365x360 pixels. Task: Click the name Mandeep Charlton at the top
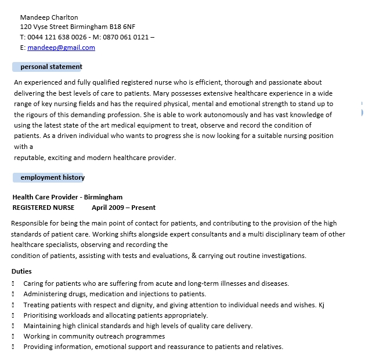coord(49,17)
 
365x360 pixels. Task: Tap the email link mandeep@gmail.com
coord(61,48)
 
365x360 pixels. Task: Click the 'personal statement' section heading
coord(51,67)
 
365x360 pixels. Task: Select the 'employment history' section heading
coord(52,177)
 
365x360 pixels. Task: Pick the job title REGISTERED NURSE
coord(44,208)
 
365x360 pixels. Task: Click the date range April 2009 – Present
coord(124,208)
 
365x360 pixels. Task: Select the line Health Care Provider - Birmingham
coord(67,197)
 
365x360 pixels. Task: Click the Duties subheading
coord(21,271)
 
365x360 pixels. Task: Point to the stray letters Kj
coord(322,305)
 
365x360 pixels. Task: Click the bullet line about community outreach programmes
coord(94,336)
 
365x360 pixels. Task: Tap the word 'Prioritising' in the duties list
coord(42,315)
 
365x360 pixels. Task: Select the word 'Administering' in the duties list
coord(45,294)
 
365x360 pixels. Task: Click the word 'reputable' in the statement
coord(30,158)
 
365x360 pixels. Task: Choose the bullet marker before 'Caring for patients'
coord(13,284)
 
